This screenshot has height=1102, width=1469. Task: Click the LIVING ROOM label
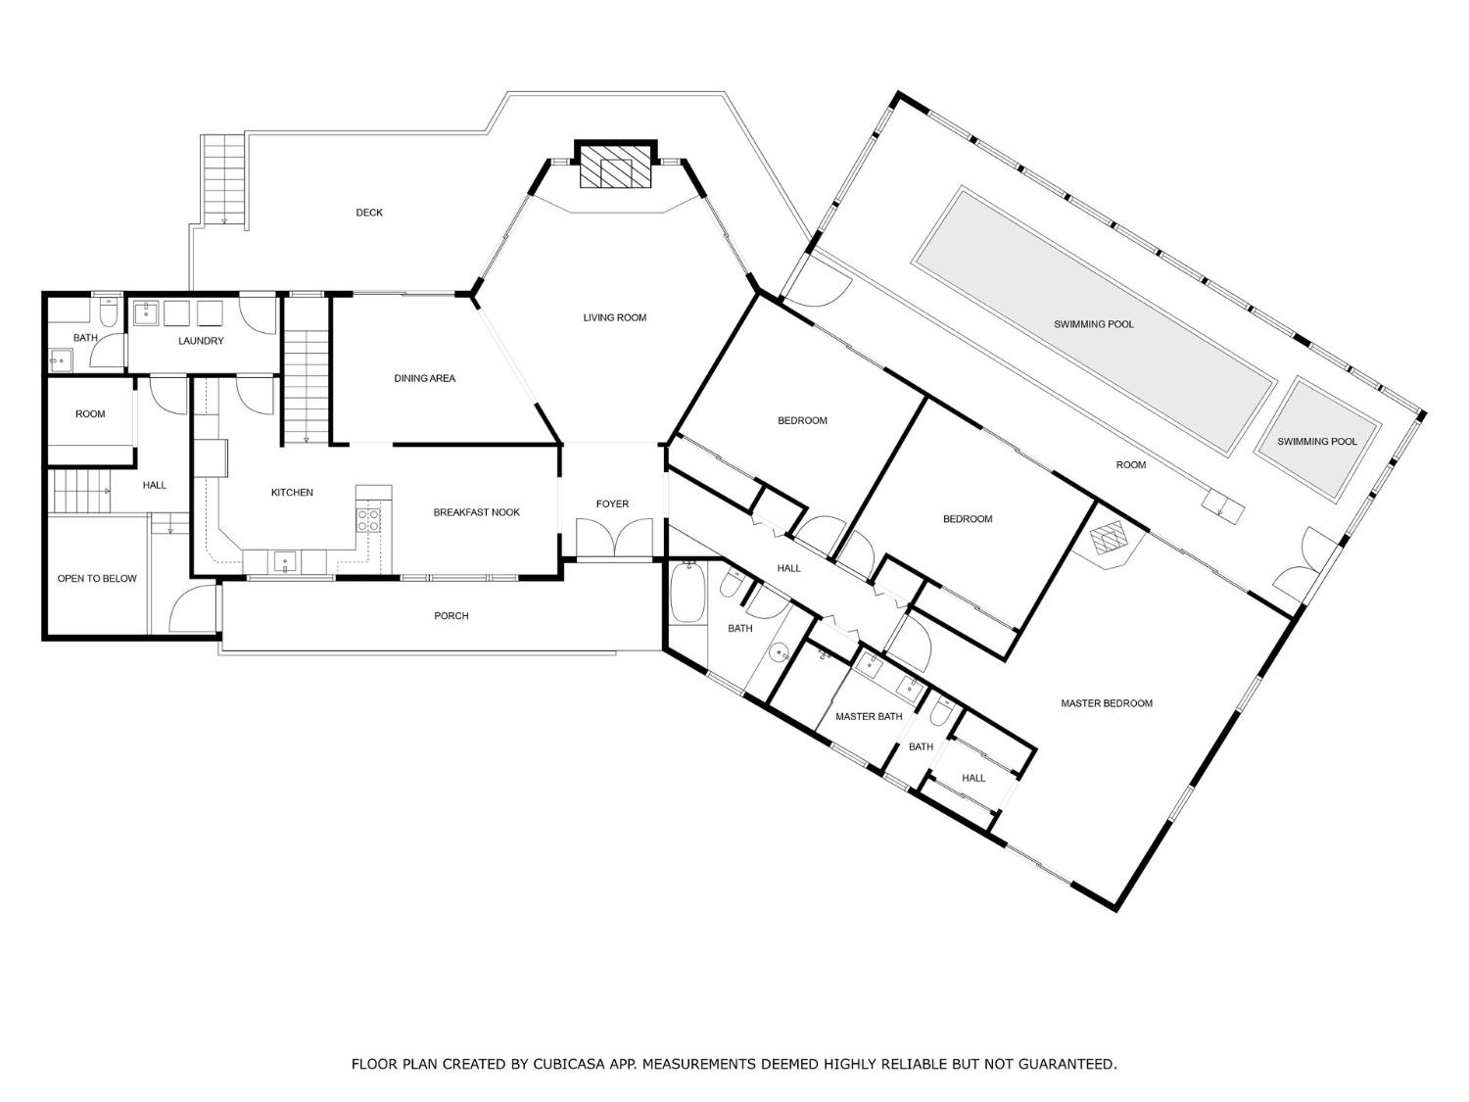pyautogui.click(x=614, y=317)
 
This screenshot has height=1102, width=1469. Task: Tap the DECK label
pyautogui.click(x=369, y=213)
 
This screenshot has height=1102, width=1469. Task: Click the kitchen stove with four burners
pyautogui.click(x=369, y=520)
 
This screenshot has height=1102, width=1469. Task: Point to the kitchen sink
pyautogui.click(x=285, y=560)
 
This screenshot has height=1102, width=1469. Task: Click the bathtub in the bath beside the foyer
pyautogui.click(x=687, y=593)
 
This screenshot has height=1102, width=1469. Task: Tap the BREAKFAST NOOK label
pyautogui.click(x=477, y=512)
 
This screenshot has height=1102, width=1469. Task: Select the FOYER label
pyautogui.click(x=612, y=503)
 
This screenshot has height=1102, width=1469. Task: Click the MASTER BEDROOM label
pyautogui.click(x=1107, y=703)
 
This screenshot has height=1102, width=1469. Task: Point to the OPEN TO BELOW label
pyautogui.click(x=97, y=579)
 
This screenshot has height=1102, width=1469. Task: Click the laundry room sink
pyautogui.click(x=145, y=312)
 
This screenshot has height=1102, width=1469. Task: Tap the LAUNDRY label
pyautogui.click(x=201, y=341)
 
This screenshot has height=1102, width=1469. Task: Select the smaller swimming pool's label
pyautogui.click(x=1317, y=442)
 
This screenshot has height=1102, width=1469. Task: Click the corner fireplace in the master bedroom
pyautogui.click(x=1109, y=538)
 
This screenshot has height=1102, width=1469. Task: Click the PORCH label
pyautogui.click(x=451, y=615)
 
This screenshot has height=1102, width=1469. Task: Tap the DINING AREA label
pyautogui.click(x=424, y=379)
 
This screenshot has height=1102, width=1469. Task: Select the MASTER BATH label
pyautogui.click(x=869, y=717)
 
